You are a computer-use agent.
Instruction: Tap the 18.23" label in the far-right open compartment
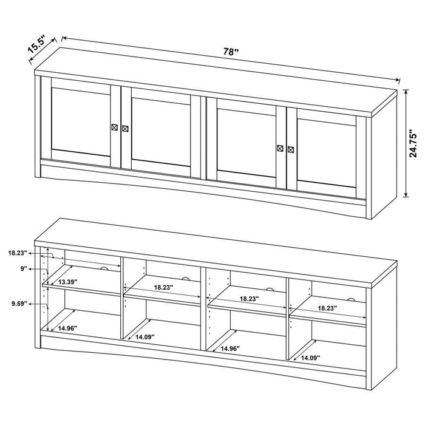(328, 308)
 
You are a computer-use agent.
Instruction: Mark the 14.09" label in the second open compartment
(145, 337)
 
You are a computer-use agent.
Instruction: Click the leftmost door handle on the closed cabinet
(115, 127)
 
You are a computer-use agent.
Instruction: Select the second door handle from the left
(125, 129)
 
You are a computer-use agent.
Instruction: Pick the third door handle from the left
(280, 148)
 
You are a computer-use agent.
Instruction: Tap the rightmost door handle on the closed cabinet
(290, 149)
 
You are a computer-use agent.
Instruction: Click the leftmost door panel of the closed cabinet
(81, 121)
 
